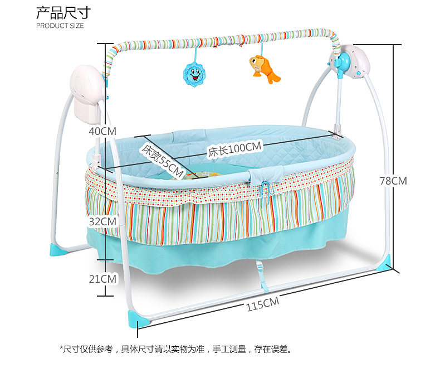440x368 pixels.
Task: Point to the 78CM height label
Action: click(x=393, y=181)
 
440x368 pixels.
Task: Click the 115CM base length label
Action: click(x=262, y=303)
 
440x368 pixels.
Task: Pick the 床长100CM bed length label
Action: click(x=234, y=148)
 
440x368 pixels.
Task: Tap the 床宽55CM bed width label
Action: click(x=162, y=161)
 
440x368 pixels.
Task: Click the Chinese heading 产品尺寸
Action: click(x=63, y=12)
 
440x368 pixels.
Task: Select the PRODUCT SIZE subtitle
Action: click(x=60, y=26)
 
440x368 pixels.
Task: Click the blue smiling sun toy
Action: click(x=193, y=74)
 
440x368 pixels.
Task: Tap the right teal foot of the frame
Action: click(x=384, y=267)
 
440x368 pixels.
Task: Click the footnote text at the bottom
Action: click(x=175, y=350)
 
